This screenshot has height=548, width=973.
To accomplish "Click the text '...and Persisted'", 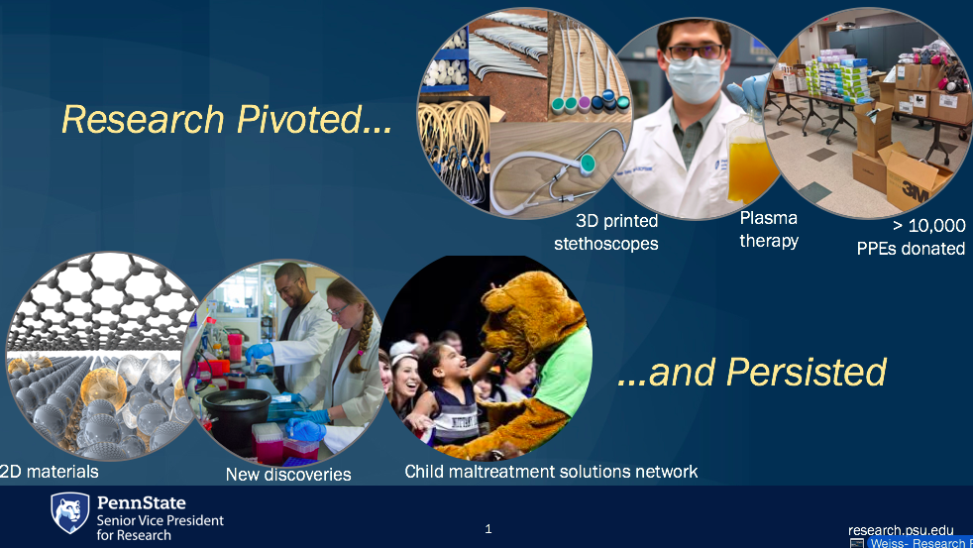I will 751,372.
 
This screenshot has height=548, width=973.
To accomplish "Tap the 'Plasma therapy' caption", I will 768,229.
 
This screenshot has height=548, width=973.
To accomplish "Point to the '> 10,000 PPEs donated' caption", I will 911,238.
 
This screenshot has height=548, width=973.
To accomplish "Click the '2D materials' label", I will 50,472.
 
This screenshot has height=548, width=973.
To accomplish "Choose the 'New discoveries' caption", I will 287,475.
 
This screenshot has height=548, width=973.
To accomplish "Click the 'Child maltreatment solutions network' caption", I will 551,472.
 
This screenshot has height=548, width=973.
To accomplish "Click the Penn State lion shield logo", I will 70,514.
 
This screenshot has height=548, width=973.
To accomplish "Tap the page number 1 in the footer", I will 487,529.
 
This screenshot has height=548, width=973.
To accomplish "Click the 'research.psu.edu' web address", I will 901,530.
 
